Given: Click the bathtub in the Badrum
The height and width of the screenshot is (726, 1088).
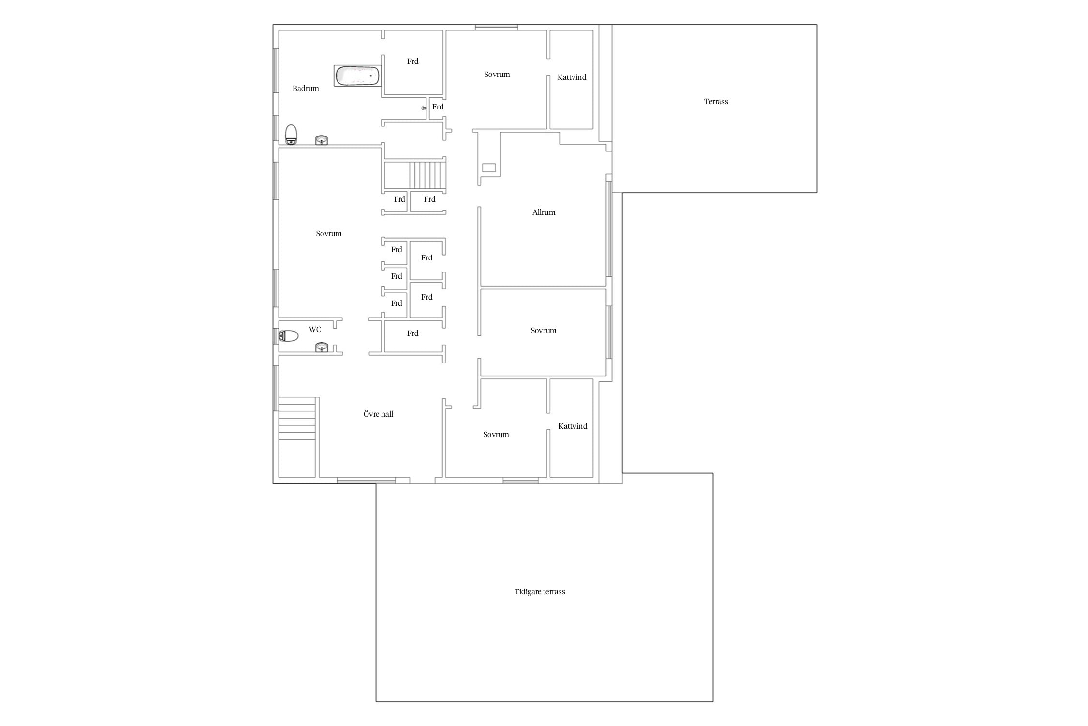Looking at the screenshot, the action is pyautogui.click(x=357, y=76).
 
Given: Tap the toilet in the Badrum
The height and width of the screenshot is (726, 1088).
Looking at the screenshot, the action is pyautogui.click(x=291, y=135).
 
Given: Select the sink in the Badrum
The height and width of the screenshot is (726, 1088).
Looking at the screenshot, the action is pyautogui.click(x=322, y=140).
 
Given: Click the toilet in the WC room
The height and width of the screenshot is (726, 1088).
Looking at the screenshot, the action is pyautogui.click(x=288, y=335).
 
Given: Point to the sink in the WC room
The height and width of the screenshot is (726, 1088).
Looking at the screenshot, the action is pyautogui.click(x=322, y=347).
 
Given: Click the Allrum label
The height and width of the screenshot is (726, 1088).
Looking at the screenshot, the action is pyautogui.click(x=544, y=212).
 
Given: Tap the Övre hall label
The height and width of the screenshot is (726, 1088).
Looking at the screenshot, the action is pyautogui.click(x=378, y=414).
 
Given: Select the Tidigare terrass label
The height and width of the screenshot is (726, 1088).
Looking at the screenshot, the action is pyautogui.click(x=540, y=591).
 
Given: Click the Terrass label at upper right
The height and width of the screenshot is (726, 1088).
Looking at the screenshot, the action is pyautogui.click(x=716, y=101).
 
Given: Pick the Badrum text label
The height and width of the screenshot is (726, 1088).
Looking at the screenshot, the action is pyautogui.click(x=306, y=88).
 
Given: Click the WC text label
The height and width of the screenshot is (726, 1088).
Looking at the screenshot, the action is pyautogui.click(x=315, y=329).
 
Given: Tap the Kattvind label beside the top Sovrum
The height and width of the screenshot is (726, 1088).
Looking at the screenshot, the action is pyautogui.click(x=572, y=77).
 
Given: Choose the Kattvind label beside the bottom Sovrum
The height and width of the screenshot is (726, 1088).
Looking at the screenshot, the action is pyautogui.click(x=573, y=426).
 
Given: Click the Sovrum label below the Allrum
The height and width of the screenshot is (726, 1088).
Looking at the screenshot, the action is pyautogui.click(x=544, y=330).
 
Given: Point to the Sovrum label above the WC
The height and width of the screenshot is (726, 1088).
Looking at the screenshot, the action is pyautogui.click(x=329, y=233).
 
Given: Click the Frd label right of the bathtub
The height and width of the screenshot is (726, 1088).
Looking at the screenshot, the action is pyautogui.click(x=412, y=61).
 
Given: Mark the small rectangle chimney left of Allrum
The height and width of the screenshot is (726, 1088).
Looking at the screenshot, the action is pyautogui.click(x=489, y=168).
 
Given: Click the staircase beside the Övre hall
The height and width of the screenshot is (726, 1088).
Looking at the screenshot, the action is pyautogui.click(x=297, y=419).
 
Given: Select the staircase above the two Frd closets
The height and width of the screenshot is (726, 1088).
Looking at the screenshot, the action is pyautogui.click(x=427, y=175).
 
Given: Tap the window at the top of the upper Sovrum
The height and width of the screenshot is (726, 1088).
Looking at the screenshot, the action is pyautogui.click(x=496, y=28).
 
